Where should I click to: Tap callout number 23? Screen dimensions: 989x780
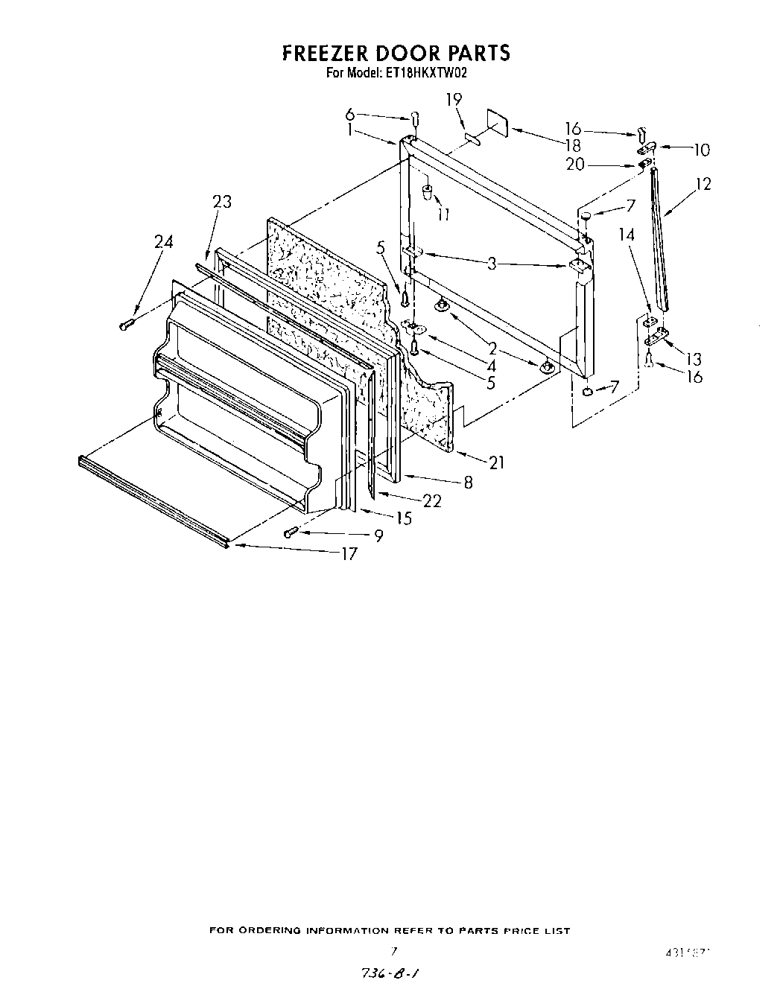coord(222,202)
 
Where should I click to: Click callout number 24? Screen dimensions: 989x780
coord(163,242)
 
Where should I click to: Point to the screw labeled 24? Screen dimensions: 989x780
coord(126,323)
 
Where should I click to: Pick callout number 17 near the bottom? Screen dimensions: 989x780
coord(349,554)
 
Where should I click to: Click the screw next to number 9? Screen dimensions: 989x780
coord(291,532)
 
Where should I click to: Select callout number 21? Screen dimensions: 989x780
coord(497,462)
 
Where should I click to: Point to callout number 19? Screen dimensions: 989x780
coord(454,99)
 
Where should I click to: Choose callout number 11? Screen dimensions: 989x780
coord(444,215)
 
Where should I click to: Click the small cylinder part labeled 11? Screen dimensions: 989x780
coord(428,194)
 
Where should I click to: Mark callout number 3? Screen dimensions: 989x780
coord(492,264)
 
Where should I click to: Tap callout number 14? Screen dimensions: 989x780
coord(627,235)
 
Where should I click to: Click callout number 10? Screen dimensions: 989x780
coord(701,150)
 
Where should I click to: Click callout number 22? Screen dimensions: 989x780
coord(431,501)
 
